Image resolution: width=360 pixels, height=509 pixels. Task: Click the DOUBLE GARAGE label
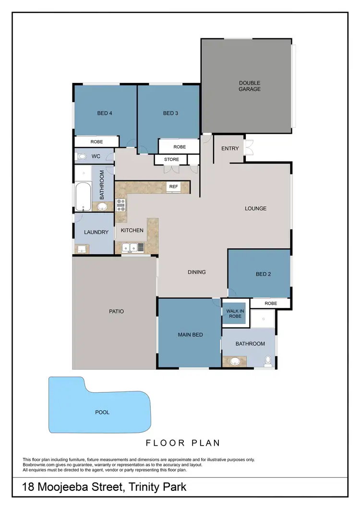[250, 86]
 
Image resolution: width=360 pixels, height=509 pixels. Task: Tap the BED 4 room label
[105, 113]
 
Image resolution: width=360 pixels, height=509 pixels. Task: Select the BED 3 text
[170, 113]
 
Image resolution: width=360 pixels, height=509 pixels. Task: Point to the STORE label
[171, 159]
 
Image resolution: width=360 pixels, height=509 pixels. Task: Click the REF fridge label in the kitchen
[173, 186]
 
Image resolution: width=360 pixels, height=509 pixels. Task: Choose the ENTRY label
[230, 148]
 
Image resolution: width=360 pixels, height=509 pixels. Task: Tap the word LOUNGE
[255, 208]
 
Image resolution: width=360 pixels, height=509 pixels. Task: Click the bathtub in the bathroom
[83, 197]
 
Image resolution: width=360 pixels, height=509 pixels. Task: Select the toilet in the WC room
[82, 156]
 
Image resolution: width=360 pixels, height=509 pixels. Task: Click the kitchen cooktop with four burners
[120, 205]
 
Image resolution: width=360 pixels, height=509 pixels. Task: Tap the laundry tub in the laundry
[81, 248]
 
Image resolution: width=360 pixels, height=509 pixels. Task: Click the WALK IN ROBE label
[234, 314]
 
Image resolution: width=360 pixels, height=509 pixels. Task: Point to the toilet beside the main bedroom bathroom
[268, 362]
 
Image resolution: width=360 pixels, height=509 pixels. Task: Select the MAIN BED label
[191, 334]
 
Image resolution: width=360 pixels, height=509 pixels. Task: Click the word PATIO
[116, 311]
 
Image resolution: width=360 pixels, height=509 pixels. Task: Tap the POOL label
[102, 412]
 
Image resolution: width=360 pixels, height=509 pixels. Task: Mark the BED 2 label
[264, 274]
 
